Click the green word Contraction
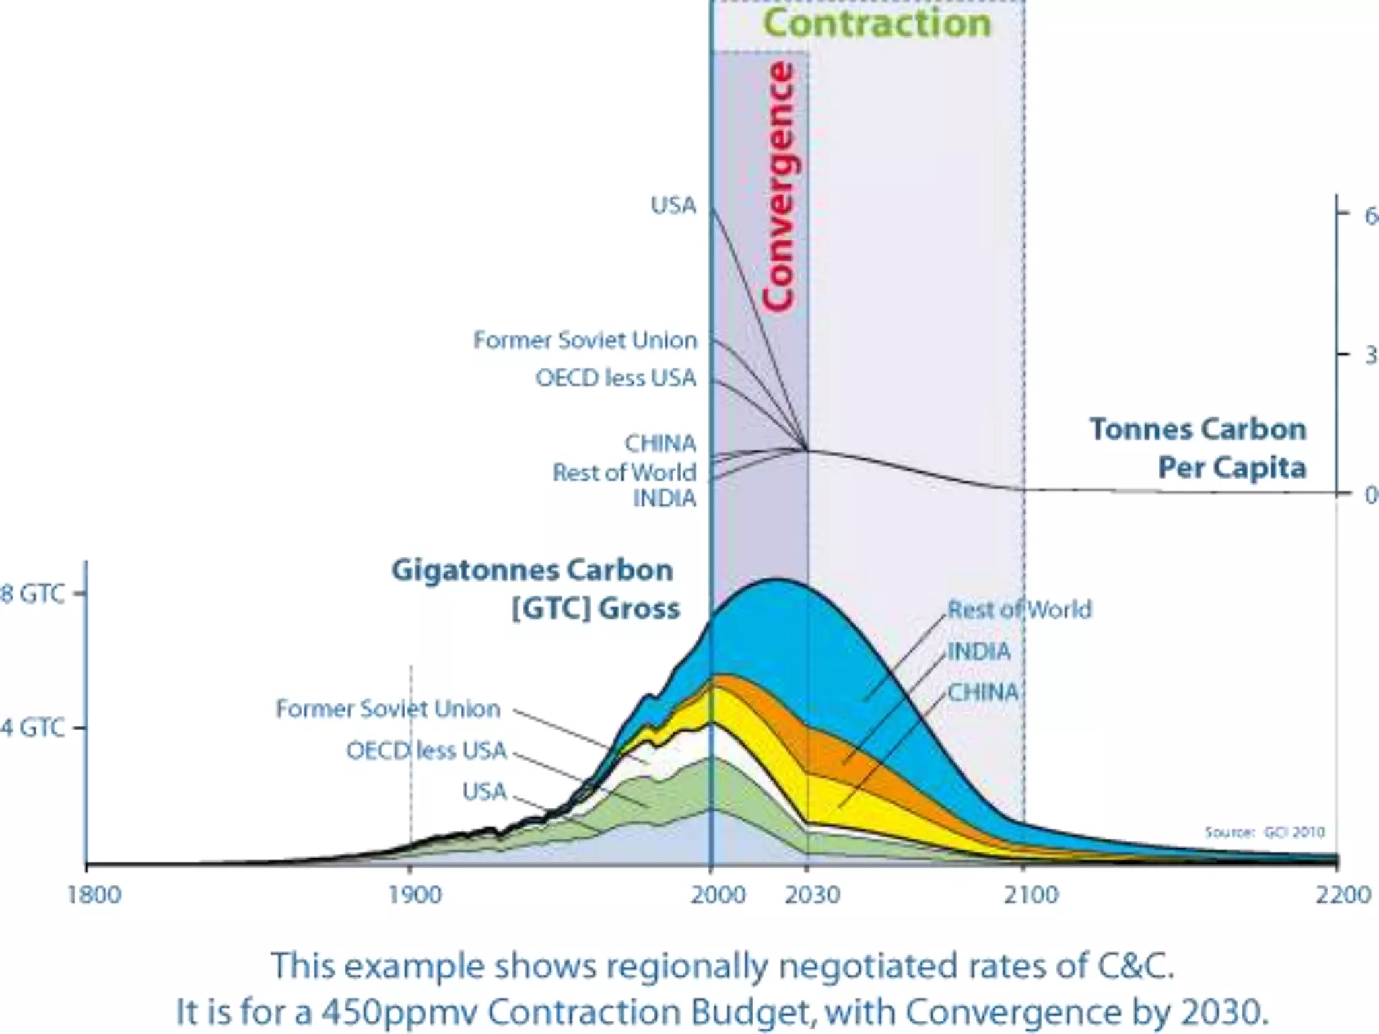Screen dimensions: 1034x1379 pyautogui.click(x=876, y=24)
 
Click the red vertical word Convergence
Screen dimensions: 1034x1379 pyautogui.click(x=778, y=186)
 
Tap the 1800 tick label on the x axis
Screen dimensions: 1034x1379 pyautogui.click(x=94, y=895)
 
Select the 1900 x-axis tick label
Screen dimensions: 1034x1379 pyautogui.click(x=415, y=895)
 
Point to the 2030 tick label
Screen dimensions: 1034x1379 pyautogui.click(x=812, y=895)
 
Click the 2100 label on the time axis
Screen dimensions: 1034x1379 pyautogui.click(x=1031, y=895)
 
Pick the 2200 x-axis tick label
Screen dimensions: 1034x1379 pyautogui.click(x=1343, y=895)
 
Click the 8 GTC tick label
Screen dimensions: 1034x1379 pyautogui.click(x=32, y=594)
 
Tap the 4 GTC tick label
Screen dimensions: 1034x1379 pyautogui.click(x=32, y=728)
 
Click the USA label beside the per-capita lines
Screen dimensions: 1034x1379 pyautogui.click(x=673, y=205)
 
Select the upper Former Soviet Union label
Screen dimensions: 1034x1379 pyautogui.click(x=584, y=340)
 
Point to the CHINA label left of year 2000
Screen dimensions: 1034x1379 pyautogui.click(x=660, y=443)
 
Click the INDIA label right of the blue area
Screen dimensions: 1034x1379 pyautogui.click(x=978, y=651)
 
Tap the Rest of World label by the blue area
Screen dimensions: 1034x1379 pyautogui.click(x=1019, y=609)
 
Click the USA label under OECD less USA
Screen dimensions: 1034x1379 pyautogui.click(x=484, y=791)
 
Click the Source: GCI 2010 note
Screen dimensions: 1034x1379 pyautogui.click(x=1264, y=832)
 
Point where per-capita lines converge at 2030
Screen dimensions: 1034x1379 pyautogui.click(x=807, y=449)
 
